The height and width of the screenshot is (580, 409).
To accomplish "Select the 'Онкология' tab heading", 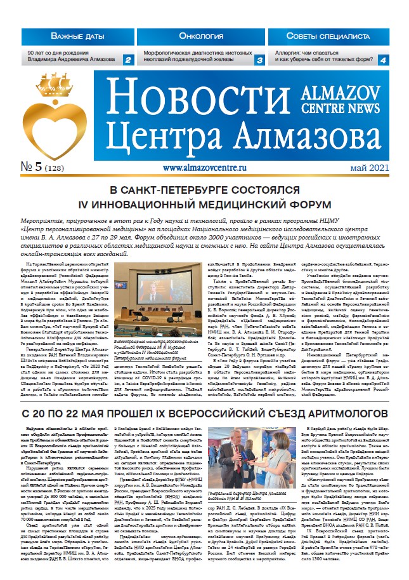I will pyautogui.click(x=204, y=36).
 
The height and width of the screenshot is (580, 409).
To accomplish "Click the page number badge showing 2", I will pyautogui.click(x=127, y=60).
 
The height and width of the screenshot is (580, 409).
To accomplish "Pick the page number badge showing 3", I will pyautogui.click(x=259, y=60).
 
